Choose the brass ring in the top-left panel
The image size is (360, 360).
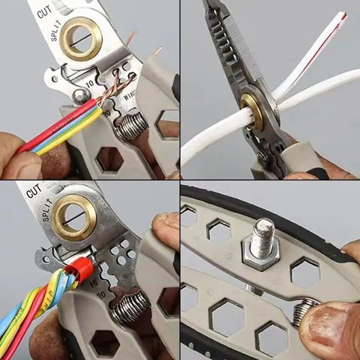(81, 38)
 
